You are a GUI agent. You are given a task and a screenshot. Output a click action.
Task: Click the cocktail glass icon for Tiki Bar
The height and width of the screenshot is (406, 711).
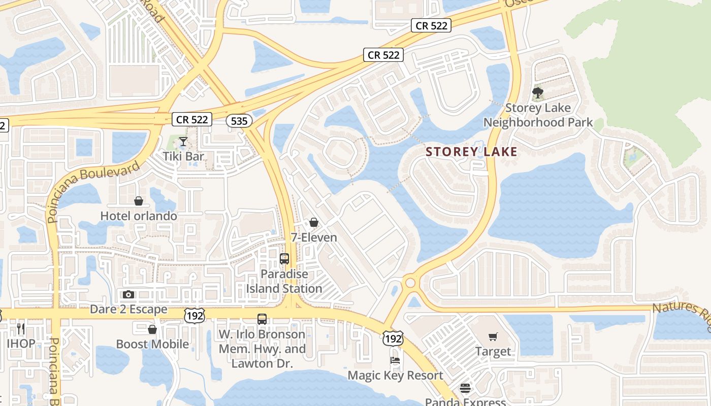(183, 142)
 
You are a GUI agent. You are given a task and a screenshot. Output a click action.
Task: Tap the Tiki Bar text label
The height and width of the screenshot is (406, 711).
(183, 156)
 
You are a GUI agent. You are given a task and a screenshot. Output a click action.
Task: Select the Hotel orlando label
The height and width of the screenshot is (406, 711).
(139, 216)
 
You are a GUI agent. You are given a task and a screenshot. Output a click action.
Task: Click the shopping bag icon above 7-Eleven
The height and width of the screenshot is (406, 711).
(314, 222)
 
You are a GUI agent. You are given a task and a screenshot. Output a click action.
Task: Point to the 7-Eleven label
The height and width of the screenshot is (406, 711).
(314, 237)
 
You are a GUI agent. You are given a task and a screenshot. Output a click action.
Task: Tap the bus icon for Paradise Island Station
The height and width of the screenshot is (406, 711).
(284, 259)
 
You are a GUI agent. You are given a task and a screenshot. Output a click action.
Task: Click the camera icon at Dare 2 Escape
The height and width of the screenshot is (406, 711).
(128, 294)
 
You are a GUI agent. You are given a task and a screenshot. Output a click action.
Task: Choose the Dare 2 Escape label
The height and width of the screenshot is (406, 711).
(128, 309)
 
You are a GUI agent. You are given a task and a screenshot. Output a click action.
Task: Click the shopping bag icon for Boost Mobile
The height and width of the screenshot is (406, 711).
(152, 329)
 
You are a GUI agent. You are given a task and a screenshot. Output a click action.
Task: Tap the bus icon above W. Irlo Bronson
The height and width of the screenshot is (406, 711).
(262, 319)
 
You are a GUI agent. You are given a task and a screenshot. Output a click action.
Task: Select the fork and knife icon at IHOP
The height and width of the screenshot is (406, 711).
(21, 328)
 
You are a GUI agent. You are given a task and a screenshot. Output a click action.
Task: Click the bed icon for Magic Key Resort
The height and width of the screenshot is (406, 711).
(395, 361)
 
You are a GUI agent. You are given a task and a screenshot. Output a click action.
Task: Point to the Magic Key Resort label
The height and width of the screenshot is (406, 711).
(395, 376)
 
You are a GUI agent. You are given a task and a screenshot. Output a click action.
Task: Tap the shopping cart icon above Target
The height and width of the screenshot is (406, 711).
(493, 336)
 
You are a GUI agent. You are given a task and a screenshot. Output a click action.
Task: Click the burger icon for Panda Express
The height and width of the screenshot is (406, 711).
(465, 388)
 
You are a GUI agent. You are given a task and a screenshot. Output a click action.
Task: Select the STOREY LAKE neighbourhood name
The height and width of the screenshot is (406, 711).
(471, 151)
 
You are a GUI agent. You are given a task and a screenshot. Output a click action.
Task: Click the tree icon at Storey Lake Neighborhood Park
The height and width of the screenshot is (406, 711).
(538, 93)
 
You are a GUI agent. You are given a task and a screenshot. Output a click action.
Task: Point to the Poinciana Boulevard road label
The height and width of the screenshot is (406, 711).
(94, 192)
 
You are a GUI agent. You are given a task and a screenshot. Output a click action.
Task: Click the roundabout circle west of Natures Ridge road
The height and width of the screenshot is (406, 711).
(410, 283)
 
